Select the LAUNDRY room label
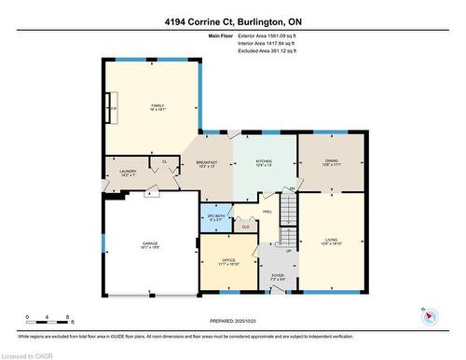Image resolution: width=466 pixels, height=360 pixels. click(129, 173)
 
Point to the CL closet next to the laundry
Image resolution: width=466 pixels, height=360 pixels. click(164, 161)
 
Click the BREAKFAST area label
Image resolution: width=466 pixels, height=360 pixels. click(206, 164)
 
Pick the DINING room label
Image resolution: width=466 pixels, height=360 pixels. click(331, 162)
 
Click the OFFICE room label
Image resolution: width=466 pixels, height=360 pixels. click(228, 262)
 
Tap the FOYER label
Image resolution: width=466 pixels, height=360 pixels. click(277, 277)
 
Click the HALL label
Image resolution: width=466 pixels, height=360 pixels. click(267, 212)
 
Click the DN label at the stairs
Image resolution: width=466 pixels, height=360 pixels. click(291, 189)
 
